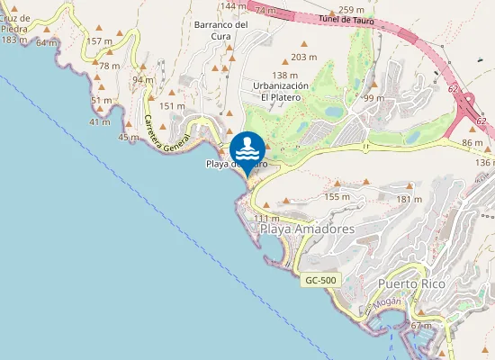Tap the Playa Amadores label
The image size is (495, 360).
[307, 229]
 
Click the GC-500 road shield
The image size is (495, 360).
[319, 281]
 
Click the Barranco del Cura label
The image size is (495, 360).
[220, 31]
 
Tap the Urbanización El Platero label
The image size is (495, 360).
[280, 91]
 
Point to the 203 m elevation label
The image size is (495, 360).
[304, 57]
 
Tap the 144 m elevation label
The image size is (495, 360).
[233, 6]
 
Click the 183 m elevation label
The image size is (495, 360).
[14, 40]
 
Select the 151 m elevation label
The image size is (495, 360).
[171, 106]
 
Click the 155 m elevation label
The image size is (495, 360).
[337, 196]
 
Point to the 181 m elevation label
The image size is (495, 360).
[409, 199]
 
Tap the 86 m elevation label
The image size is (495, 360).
[472, 143]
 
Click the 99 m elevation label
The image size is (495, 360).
[373, 97]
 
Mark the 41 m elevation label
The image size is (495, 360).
[100, 121]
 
